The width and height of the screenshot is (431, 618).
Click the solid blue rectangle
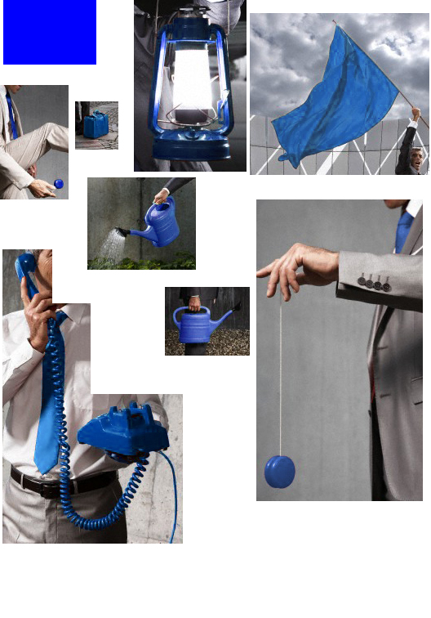tap(50, 32)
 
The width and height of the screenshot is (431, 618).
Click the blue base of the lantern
tap(192, 150)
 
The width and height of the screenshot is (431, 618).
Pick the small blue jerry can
tap(96, 125)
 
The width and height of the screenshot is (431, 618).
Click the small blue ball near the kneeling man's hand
tap(58, 184)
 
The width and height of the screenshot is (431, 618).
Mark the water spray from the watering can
tap(110, 244)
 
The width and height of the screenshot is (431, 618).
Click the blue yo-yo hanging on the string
tap(280, 472)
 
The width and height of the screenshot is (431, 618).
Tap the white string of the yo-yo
tap(280, 376)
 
